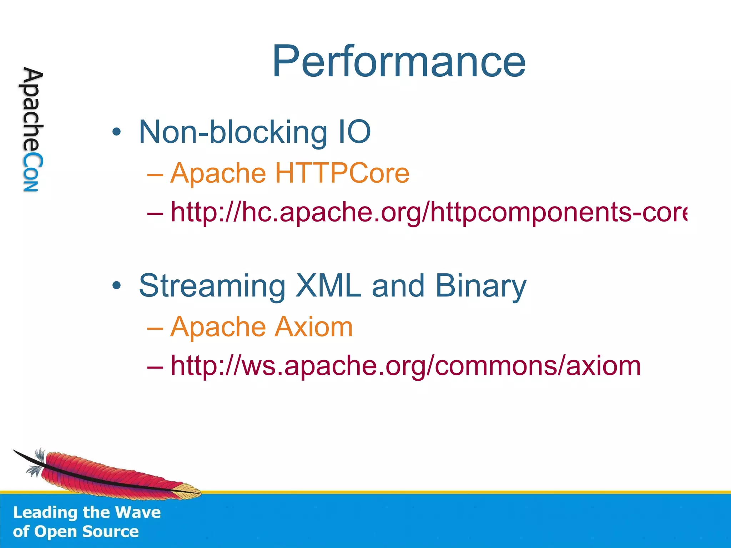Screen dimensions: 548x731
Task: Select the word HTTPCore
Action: tap(342, 173)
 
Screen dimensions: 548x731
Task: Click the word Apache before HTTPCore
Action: tap(218, 173)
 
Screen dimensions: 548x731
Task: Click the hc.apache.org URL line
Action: tap(428, 212)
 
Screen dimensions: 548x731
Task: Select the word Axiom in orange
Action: tap(314, 327)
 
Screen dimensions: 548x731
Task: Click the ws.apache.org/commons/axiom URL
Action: tap(405, 366)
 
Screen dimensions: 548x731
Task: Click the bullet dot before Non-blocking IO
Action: tap(116, 132)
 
